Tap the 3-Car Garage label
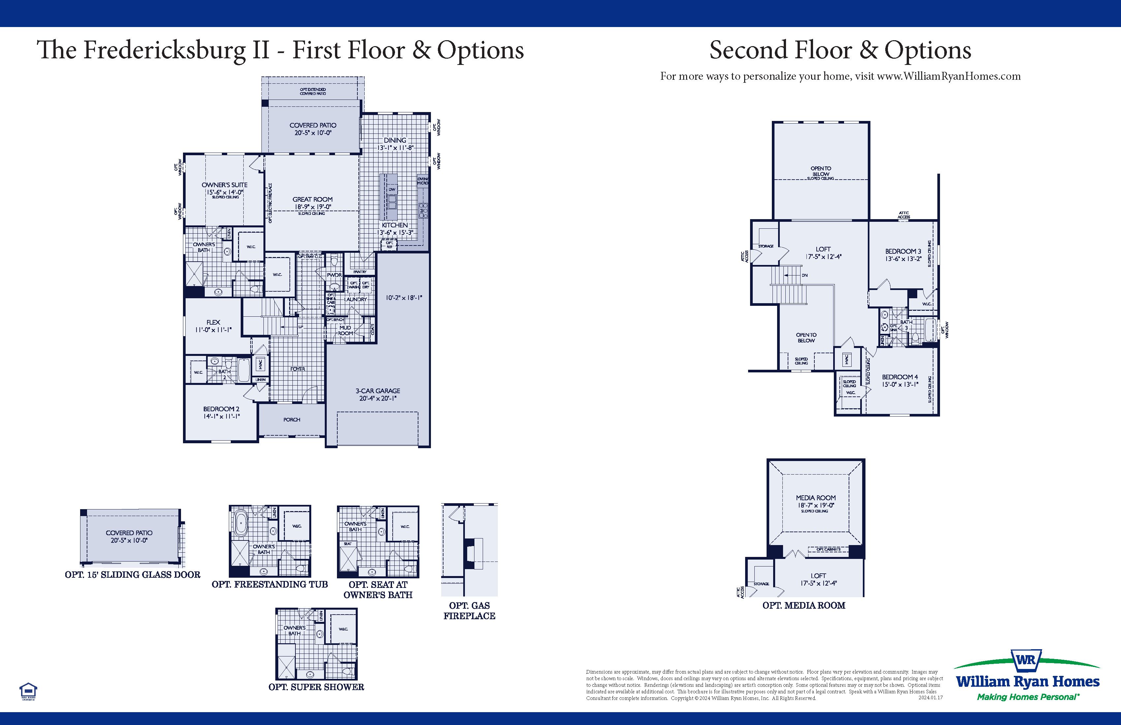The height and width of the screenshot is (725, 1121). [378, 391]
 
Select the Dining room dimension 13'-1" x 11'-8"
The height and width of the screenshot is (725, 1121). [395, 148]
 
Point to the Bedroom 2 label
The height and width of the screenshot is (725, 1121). [221, 409]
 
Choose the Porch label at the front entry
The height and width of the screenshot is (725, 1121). [291, 420]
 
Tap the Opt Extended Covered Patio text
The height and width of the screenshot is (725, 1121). [313, 91]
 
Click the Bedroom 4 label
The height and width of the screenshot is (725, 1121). [900, 377]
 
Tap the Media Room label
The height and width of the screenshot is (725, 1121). [816, 498]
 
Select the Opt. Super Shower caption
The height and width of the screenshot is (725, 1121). [316, 687]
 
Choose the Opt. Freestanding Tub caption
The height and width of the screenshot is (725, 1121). [269, 584]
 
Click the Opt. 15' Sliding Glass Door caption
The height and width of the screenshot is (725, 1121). [132, 575]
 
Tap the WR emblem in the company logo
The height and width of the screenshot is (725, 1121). [1027, 660]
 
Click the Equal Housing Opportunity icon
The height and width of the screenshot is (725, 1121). [28, 691]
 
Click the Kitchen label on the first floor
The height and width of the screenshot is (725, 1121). [395, 225]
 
